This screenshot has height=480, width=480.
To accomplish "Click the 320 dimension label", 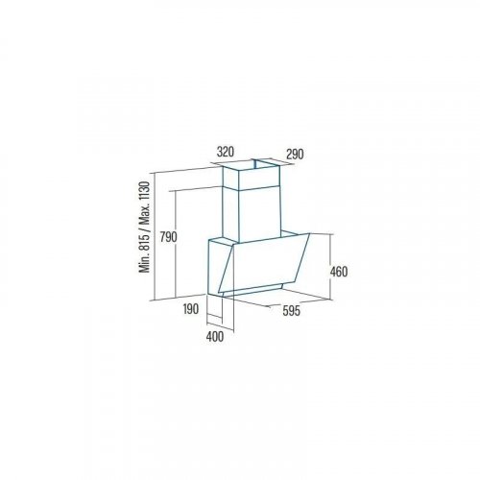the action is [x=226, y=152].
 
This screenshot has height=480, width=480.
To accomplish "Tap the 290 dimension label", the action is [x=295, y=155].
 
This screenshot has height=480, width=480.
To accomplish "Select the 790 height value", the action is [x=168, y=237].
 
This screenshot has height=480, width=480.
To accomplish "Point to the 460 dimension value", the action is [x=339, y=272].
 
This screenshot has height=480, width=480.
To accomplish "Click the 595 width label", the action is [x=291, y=311].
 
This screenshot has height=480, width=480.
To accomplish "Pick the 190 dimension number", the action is [x=191, y=309].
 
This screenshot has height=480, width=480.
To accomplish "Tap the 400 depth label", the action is [x=215, y=337].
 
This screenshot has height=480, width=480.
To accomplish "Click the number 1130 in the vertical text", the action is [x=145, y=192].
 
